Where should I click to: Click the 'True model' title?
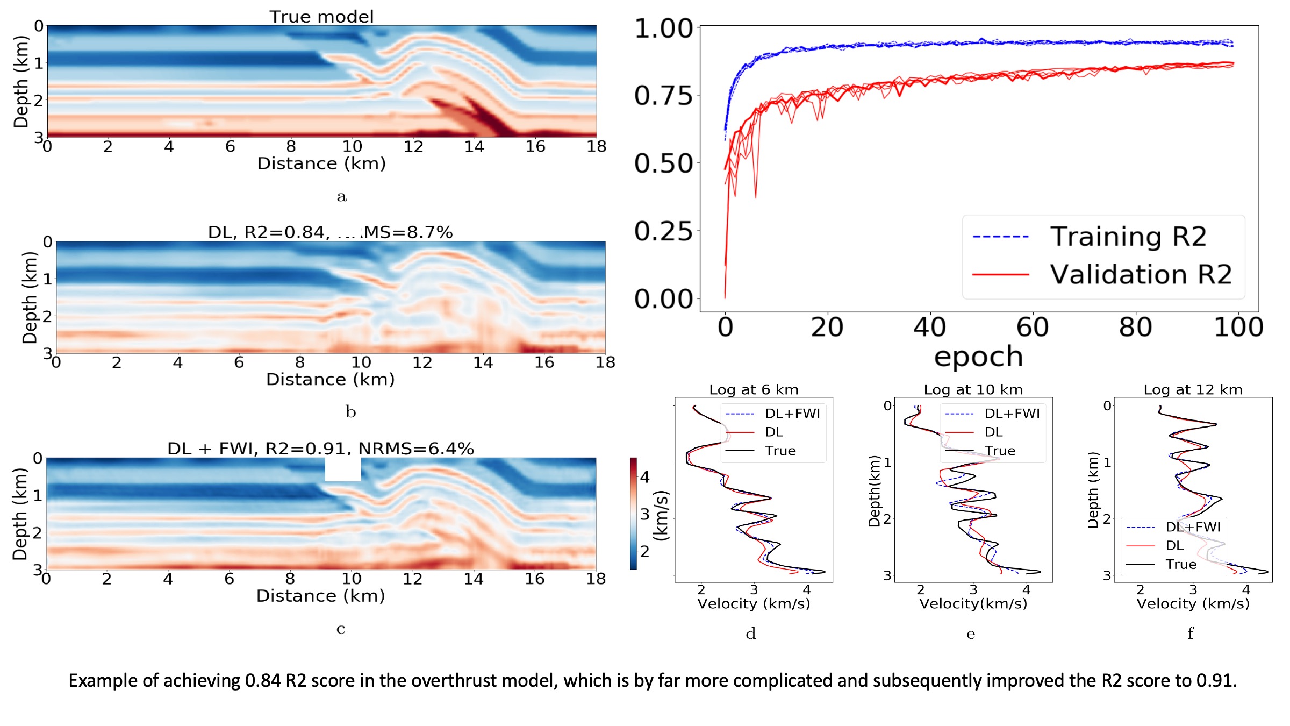321,17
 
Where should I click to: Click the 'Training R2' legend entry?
1128,237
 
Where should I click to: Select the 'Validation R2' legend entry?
1141,274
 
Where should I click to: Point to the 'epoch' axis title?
978,357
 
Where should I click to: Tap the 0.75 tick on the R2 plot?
664,96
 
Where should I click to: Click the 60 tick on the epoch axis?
1033,327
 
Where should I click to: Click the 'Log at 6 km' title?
754,389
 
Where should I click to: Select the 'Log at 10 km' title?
973,389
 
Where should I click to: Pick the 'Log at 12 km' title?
1193,389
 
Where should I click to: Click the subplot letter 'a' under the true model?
342,197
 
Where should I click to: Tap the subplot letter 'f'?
1191,634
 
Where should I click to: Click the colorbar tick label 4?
645,477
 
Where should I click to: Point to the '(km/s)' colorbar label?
661,515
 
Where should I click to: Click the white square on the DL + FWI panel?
343,469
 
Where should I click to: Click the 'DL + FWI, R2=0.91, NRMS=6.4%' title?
320,449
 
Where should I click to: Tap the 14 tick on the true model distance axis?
474,146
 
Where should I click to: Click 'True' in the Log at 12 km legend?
1181,564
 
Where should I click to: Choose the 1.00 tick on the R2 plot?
664,28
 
